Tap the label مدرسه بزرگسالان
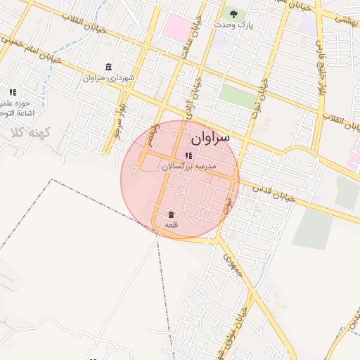(189, 167)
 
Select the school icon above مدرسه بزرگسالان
(188, 155)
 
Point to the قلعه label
(171, 224)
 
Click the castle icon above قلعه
(171, 214)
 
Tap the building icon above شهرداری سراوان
(108, 67)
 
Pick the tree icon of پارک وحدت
(233, 13)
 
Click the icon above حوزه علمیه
(13, 92)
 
